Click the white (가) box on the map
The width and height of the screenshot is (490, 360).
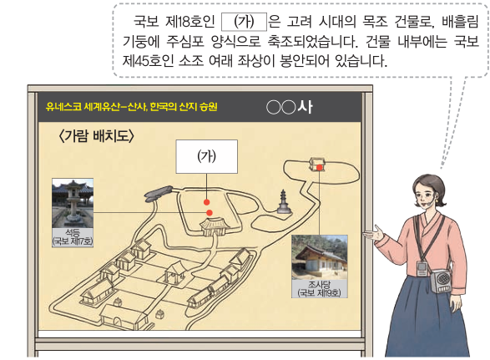coord(206,156)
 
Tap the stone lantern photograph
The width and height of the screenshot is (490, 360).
coord(73,203)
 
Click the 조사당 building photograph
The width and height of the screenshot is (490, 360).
coord(320,257)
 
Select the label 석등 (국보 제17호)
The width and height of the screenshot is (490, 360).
coord(73,237)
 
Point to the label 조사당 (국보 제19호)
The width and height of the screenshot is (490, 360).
coord(320,288)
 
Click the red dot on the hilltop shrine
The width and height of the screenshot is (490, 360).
coord(320,168)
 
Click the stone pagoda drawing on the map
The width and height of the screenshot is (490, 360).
coord(284,202)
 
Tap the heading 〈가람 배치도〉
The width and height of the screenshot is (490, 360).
coord(97,136)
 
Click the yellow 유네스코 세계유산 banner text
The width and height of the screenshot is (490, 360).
coord(131,107)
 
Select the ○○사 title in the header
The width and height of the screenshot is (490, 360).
coord(290,107)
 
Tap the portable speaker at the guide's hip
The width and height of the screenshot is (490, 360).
coord(442,281)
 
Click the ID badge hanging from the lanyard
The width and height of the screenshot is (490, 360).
coord(422,269)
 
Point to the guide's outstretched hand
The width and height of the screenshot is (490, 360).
coord(374,234)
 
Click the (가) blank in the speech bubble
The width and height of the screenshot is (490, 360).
coord(244,22)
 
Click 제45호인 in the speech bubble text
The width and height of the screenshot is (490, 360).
coord(148,61)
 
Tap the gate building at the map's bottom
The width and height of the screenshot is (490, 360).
coord(123,317)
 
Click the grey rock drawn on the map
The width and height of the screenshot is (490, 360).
coord(158,193)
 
